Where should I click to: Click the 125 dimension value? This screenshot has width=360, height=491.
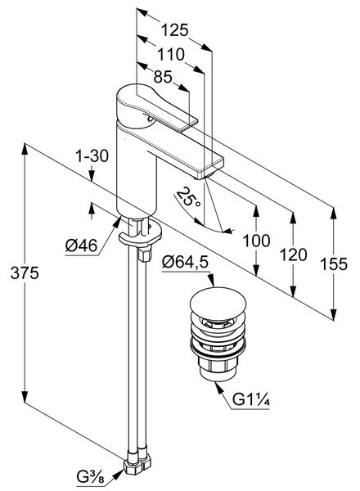pyautogui.click(x=174, y=30)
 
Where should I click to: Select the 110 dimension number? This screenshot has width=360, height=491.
pyautogui.click(x=171, y=55)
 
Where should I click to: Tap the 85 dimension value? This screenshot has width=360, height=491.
pyautogui.click(x=163, y=77)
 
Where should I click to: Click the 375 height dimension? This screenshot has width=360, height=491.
pyautogui.click(x=25, y=273)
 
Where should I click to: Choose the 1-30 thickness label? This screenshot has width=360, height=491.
pyautogui.click(x=92, y=155)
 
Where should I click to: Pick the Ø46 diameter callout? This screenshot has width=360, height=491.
pyautogui.click(x=81, y=245)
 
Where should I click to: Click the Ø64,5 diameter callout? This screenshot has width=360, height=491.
pyautogui.click(x=185, y=262)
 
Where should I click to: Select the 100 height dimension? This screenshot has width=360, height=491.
pyautogui.click(x=256, y=241)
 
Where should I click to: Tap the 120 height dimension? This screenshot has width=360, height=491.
pyautogui.click(x=294, y=255)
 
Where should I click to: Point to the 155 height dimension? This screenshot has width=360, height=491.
pyautogui.click(x=334, y=264)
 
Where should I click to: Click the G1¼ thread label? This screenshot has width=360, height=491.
pyautogui.click(x=251, y=399)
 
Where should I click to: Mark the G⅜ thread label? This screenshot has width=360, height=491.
pyautogui.click(x=90, y=477)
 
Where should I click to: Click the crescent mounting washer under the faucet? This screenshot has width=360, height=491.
pyautogui.click(x=140, y=235)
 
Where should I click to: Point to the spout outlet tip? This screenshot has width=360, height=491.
pyautogui.click(x=204, y=176)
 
